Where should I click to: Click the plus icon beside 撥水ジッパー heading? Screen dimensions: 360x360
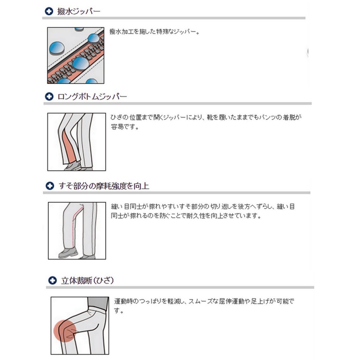[49, 11]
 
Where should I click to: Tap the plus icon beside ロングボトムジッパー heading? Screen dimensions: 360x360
[49, 96]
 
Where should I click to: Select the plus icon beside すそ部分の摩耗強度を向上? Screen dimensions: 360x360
[50, 186]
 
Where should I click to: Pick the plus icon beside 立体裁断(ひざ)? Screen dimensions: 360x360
[53, 280]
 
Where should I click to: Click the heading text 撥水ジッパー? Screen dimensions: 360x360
[79, 11]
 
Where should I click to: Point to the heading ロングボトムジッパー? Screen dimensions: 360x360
[92, 97]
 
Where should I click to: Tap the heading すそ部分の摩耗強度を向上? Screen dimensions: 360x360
[104, 186]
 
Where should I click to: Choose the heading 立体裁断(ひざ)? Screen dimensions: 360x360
[87, 280]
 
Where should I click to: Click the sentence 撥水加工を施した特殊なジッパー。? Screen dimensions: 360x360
[154, 31]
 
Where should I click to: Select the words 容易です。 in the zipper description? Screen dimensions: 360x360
[125, 127]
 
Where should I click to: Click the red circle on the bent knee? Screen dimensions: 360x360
[65, 331]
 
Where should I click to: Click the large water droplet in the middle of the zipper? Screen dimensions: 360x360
[81, 63]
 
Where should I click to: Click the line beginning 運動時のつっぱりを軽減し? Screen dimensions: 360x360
[204, 301]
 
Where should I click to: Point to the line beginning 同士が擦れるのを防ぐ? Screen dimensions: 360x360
[186, 216]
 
